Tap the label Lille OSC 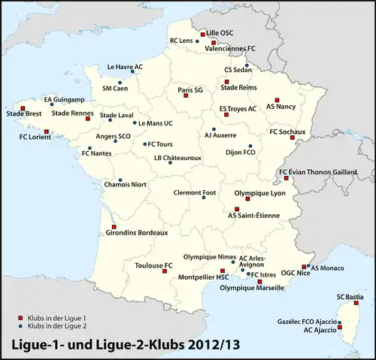[220, 33]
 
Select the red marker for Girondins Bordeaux [114, 226]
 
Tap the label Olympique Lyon [260, 193]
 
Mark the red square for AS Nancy [277, 99]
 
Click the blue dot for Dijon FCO [252, 146]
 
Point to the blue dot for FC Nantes [89, 148]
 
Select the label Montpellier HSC [204, 277]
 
